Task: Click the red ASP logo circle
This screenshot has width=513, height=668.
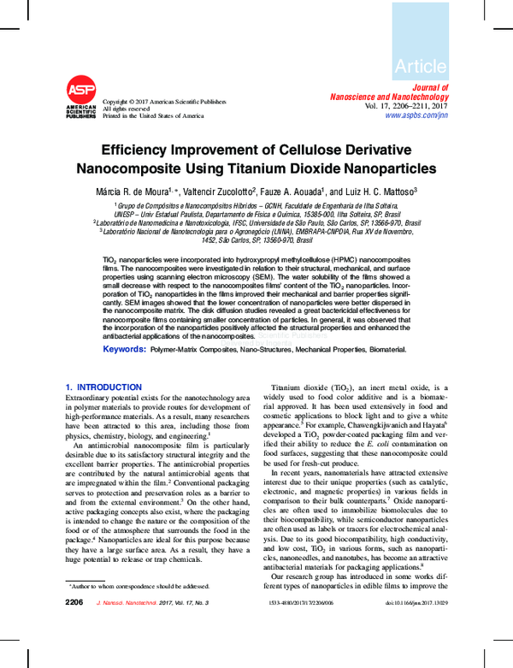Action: [81, 91]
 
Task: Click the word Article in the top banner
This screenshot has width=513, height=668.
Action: [421, 66]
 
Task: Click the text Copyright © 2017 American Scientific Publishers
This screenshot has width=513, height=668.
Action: [163, 101]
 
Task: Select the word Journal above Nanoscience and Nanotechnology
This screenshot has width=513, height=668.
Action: [432, 88]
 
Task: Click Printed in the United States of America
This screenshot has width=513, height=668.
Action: [153, 115]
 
